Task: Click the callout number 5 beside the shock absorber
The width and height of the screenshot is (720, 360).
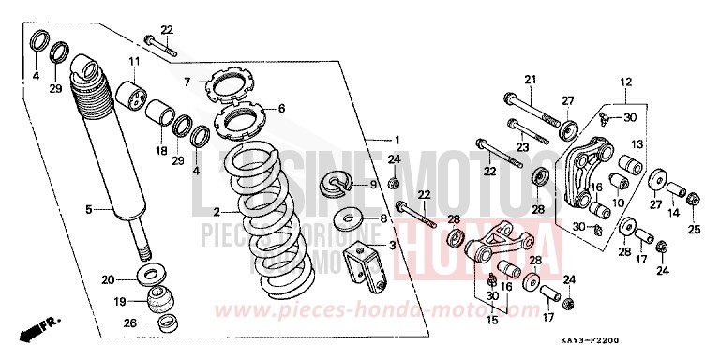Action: point(89,210)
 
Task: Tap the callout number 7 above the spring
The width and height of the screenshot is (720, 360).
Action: point(187,82)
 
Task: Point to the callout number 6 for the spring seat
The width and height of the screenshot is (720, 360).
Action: point(281,108)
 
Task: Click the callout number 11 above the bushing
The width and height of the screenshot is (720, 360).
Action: point(134,62)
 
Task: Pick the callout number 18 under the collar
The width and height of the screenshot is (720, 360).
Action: point(160,150)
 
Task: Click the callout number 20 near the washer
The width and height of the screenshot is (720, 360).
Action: point(108,278)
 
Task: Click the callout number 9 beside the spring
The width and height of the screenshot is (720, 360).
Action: point(372,185)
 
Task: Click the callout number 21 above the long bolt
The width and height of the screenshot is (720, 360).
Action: point(529,79)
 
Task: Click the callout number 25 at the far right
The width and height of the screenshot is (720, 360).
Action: point(694,228)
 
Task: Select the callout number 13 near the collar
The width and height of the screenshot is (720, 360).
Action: point(636,144)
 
